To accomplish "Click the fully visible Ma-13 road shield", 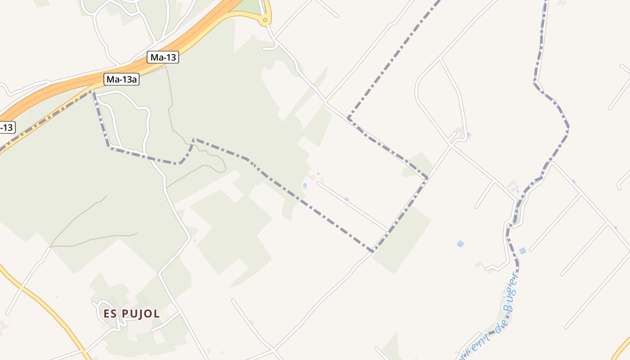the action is click(x=163, y=58).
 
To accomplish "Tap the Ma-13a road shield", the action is click(x=121, y=80).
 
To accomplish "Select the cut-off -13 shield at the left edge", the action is click(x=7, y=127).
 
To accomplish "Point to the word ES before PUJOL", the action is click(x=111, y=314).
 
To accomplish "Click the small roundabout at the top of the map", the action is click(x=265, y=19).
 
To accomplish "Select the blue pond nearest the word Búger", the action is click(x=522, y=251).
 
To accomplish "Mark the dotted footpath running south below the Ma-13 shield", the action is click(x=170, y=103).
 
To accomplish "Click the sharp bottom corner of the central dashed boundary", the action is click(x=372, y=251).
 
